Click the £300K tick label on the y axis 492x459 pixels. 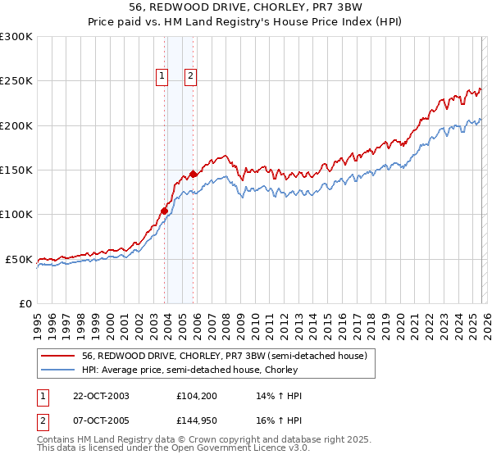16,37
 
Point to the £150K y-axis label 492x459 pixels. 16,170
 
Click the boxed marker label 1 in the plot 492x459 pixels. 162,77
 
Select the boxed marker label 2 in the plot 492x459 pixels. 190,77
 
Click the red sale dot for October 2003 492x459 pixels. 164,211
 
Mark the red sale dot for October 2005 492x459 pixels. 193,174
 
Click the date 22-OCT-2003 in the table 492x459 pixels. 100,396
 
